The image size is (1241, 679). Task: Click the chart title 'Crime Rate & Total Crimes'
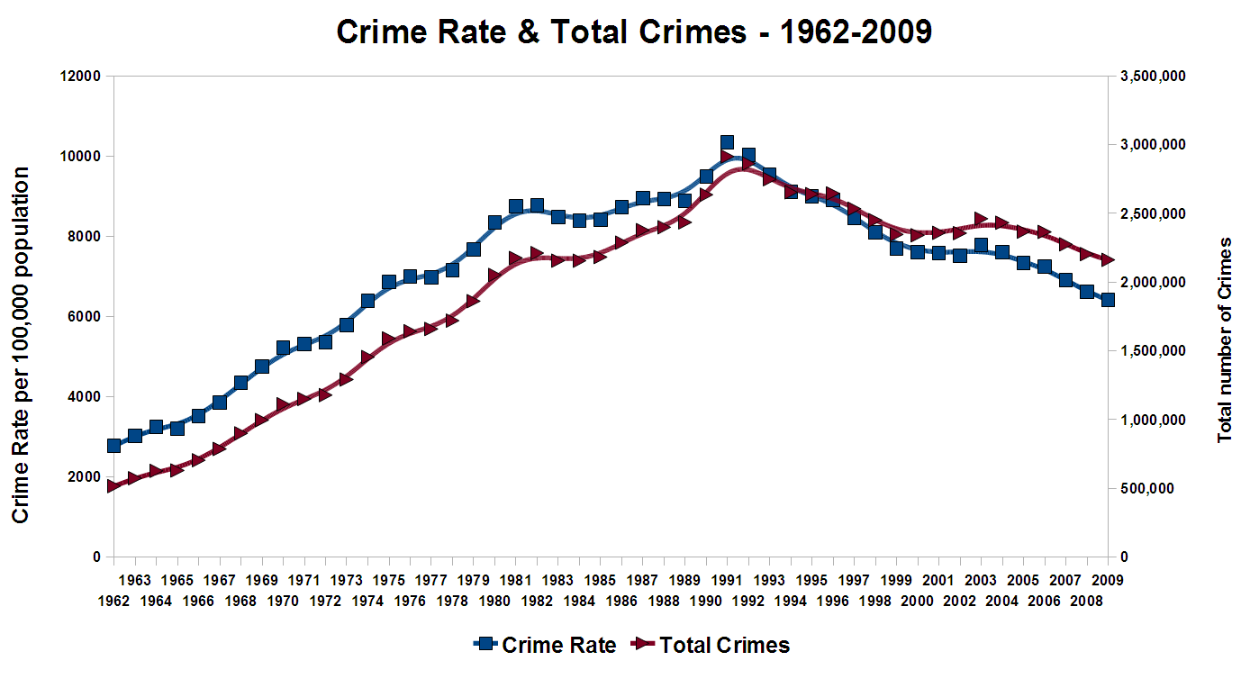[633, 32]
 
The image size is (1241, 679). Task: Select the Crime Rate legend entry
[545, 645]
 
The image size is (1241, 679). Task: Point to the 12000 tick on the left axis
[81, 76]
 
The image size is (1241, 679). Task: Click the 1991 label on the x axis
[726, 580]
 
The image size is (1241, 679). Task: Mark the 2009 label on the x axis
[1107, 580]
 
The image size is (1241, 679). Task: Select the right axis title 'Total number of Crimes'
[1224, 339]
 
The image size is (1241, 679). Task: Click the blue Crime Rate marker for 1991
[727, 142]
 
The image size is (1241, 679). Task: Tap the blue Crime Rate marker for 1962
[113, 446]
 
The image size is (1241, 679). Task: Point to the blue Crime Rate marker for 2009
[1108, 300]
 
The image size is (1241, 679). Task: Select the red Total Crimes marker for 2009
[1108, 259]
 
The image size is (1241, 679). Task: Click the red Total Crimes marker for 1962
[113, 486]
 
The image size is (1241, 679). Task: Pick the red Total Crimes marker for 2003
[981, 220]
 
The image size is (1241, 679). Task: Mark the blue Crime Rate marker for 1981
[516, 206]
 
